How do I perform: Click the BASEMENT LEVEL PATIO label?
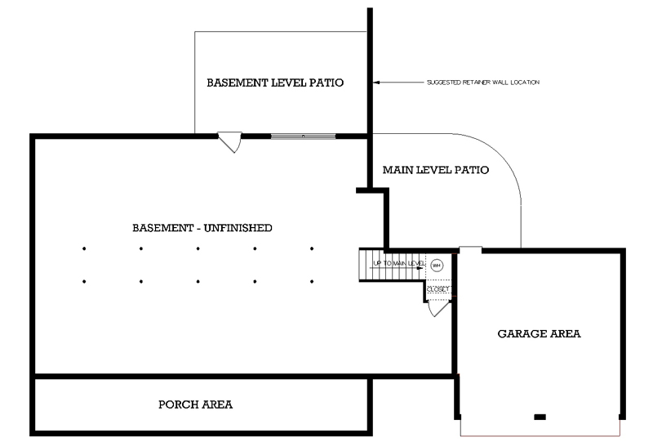coord(274,83)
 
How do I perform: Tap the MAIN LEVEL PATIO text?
coord(435,171)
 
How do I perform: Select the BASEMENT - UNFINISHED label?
coord(202,227)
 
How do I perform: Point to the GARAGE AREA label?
coord(539,333)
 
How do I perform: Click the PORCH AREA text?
coord(195,405)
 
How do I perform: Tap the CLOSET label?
coord(438,289)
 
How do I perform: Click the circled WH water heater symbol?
coord(436,265)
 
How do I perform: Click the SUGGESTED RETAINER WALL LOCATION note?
coord(483,83)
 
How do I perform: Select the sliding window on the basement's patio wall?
coord(302,136)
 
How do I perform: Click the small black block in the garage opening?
coord(539,417)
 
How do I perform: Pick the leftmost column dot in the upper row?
coord(84,248)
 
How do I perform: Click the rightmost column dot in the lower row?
coord(312,282)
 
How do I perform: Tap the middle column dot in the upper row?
coord(198,248)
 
